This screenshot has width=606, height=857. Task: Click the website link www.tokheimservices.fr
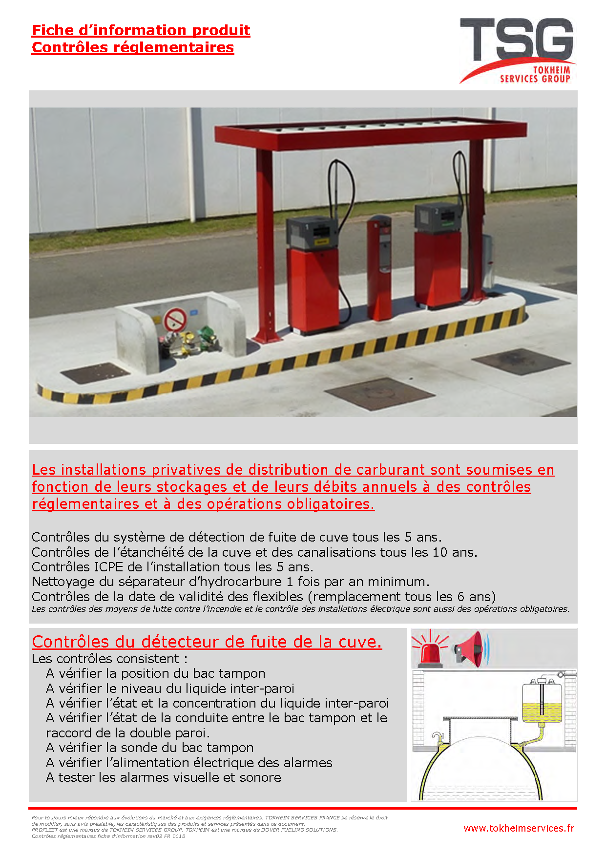(519, 828)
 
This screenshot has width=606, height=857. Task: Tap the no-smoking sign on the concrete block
(175, 320)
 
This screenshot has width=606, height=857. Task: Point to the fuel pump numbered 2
(438, 254)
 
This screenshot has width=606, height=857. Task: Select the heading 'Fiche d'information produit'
(141, 30)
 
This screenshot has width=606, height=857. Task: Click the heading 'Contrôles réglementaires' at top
(133, 47)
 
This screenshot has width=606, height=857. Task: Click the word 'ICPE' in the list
(109, 567)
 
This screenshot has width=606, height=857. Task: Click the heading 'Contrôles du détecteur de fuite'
(207, 642)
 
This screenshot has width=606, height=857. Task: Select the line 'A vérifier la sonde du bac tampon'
(150, 748)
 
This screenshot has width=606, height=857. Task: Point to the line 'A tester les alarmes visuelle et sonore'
(164, 777)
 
